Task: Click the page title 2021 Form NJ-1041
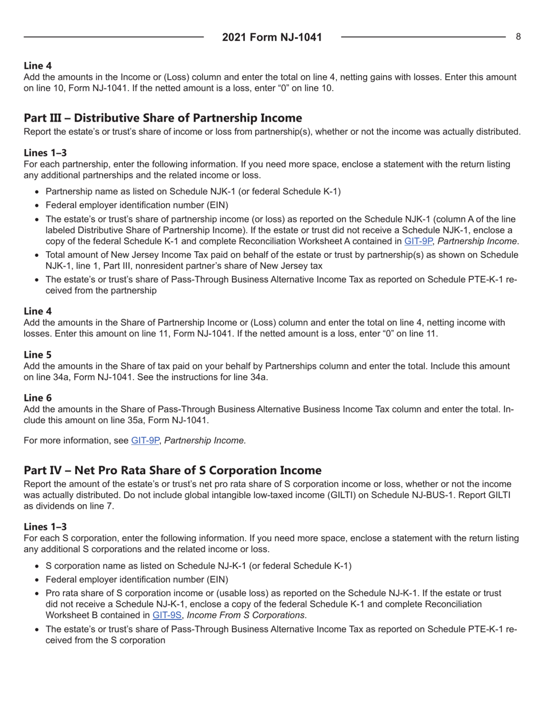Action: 272,37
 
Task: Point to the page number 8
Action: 518,37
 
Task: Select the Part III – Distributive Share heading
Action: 162,118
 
